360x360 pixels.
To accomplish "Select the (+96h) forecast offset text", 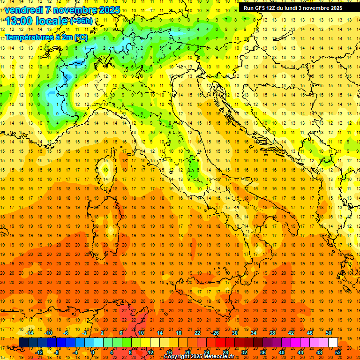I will [x=81, y=21].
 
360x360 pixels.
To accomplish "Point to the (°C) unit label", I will [x=81, y=37].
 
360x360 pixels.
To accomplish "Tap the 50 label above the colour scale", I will [x=329, y=333].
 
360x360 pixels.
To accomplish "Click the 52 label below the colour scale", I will [x=338, y=352].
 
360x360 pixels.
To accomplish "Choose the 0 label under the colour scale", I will [x=93, y=352].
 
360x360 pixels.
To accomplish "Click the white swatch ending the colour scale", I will [x=333, y=343].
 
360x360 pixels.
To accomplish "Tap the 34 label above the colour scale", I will [x=253, y=333].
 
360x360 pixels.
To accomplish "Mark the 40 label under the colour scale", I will [x=281, y=352].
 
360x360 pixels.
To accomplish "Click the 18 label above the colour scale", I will [x=178, y=333].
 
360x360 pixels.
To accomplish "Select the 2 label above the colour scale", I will [x=102, y=333].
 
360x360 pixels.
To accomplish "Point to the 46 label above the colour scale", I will [x=309, y=333].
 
